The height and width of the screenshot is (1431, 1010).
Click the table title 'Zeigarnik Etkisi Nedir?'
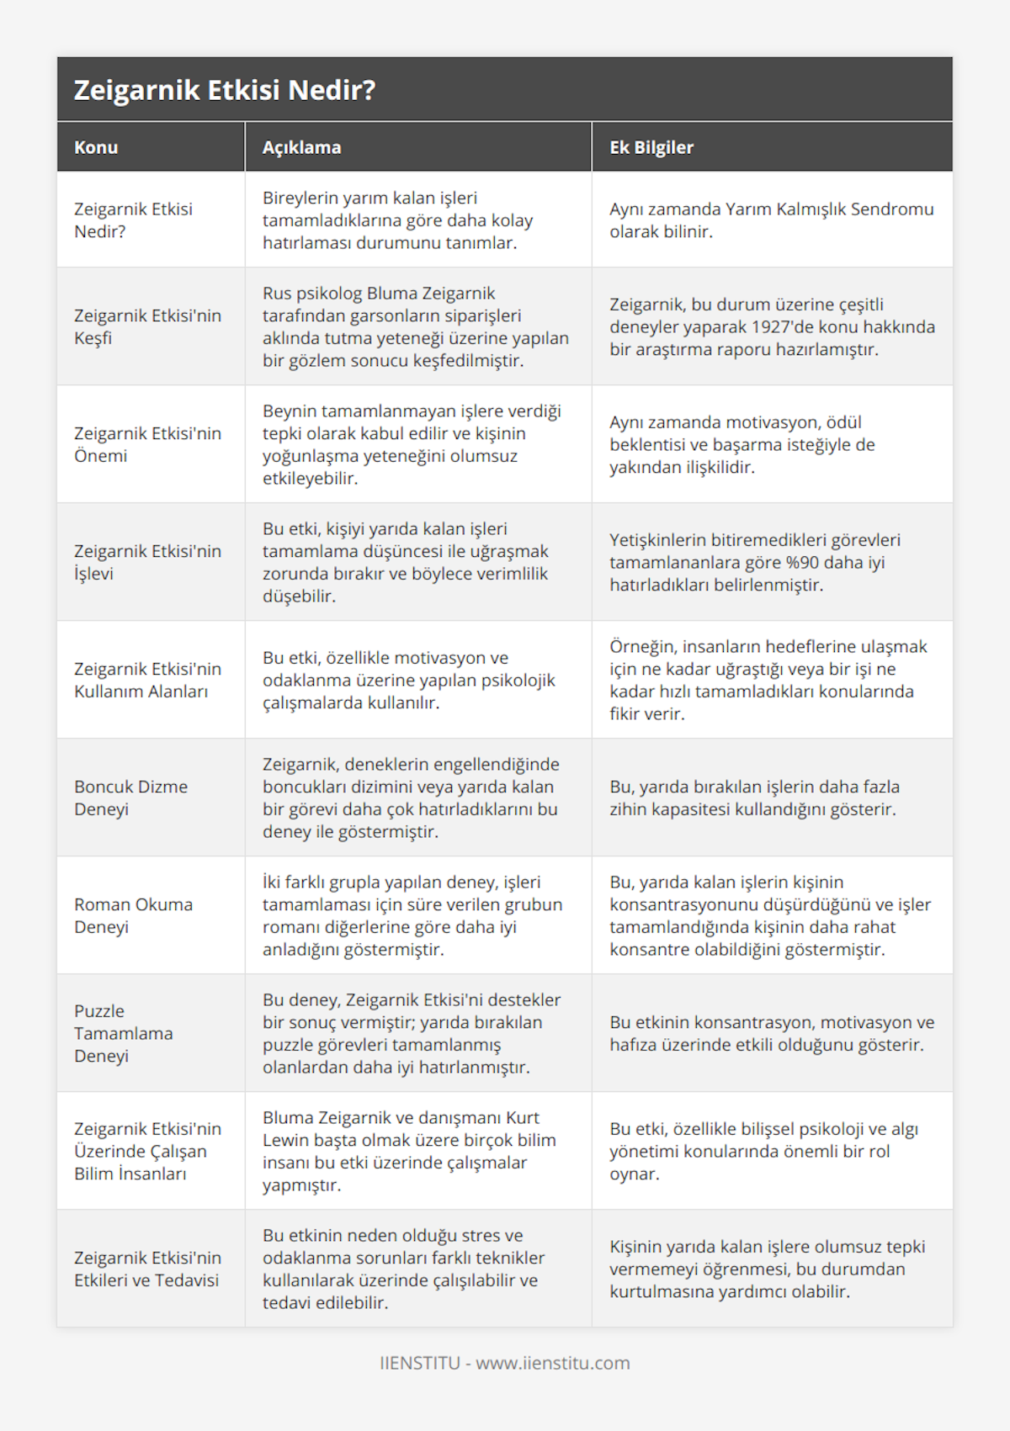(x=225, y=90)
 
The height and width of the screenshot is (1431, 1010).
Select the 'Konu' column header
(x=96, y=147)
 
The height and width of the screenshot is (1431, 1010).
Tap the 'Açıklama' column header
(x=301, y=147)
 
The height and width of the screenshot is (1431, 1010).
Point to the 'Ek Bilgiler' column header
(x=651, y=147)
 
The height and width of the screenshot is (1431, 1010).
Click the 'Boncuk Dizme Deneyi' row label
(x=130, y=798)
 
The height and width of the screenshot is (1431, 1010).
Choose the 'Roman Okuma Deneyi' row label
(x=133, y=915)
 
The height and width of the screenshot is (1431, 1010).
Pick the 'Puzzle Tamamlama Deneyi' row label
(x=124, y=1033)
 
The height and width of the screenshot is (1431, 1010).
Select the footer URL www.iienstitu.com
(x=553, y=1363)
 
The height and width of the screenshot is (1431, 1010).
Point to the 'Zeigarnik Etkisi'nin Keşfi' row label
(x=147, y=326)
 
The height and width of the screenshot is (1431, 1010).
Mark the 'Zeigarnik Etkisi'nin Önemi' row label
(x=147, y=444)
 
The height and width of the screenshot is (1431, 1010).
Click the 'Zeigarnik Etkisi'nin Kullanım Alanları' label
(x=147, y=680)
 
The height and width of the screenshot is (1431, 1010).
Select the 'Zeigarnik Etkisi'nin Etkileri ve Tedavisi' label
(x=147, y=1269)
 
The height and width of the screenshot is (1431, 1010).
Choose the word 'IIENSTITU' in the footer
(x=420, y=1363)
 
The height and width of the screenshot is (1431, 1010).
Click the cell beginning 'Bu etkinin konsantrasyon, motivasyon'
(x=771, y=1033)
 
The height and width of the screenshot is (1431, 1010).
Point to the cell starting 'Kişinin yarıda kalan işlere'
(x=767, y=1269)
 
